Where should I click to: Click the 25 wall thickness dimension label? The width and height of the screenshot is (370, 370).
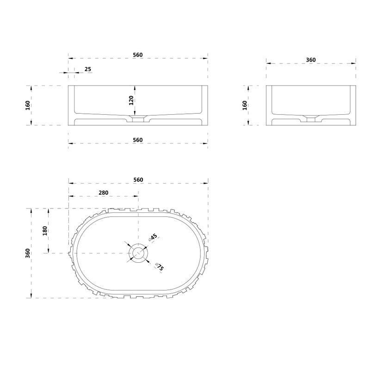88,69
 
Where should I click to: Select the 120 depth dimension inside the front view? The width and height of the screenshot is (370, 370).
131,100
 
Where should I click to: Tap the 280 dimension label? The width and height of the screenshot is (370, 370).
103,193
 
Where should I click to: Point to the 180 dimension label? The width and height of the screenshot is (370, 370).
45,231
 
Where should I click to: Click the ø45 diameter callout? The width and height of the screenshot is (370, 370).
153,237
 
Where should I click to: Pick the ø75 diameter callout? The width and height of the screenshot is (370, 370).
160,267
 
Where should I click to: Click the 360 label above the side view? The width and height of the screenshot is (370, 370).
311,60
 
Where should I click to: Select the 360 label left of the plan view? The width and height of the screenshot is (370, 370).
28,253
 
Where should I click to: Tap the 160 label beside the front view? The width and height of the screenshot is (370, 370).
28,105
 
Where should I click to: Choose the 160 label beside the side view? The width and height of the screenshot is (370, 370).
245,105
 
